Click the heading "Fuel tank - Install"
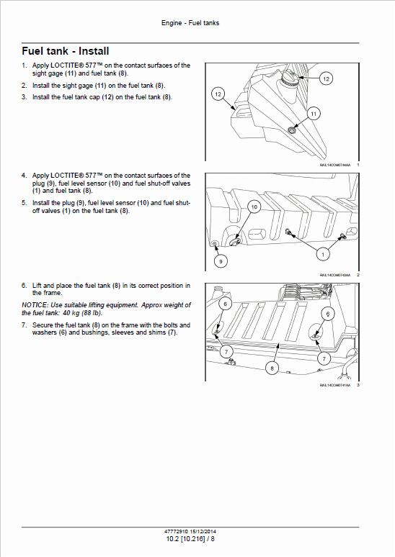66,51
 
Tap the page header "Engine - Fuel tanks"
190,23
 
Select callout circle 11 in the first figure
314,114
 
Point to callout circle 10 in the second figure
254,207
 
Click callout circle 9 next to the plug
221,261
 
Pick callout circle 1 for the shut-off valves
324,253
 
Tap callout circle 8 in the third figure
272,368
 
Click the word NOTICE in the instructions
35,305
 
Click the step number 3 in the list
24,97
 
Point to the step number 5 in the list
24,203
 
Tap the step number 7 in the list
24,325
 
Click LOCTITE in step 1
67,65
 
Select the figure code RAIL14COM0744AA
334,165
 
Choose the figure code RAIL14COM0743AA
334,274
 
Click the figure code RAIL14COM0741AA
334,385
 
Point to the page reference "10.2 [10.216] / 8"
190,537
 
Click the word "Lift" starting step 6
37,286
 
